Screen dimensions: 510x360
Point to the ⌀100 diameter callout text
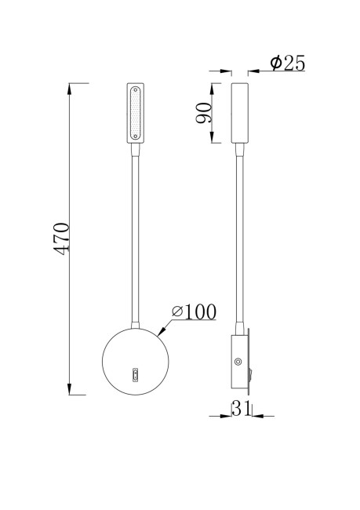[x=193, y=312]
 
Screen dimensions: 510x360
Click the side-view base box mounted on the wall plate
[x=238, y=362]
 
